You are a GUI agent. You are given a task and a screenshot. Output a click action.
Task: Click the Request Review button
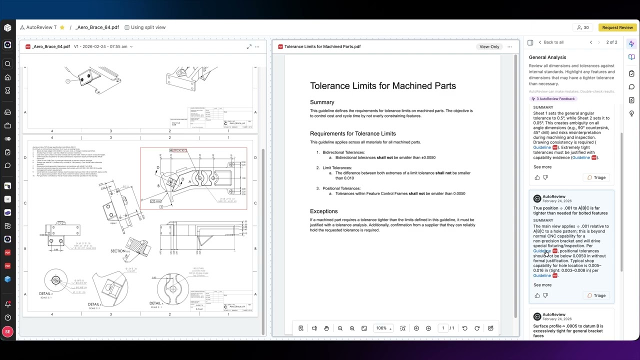(x=617, y=27)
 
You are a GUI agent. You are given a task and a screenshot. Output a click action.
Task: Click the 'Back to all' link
(x=553, y=42)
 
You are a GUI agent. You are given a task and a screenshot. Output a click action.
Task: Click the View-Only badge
(x=489, y=46)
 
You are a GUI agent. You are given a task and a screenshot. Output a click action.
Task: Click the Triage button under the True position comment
(x=596, y=295)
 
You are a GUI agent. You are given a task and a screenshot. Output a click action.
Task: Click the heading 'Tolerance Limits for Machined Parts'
(x=382, y=86)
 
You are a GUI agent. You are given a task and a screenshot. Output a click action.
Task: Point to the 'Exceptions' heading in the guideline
(x=323, y=211)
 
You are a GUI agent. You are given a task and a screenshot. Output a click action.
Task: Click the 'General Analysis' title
(x=547, y=57)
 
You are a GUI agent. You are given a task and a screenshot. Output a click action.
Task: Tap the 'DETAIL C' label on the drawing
(x=45, y=294)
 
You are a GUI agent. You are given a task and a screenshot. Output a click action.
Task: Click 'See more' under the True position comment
(x=542, y=285)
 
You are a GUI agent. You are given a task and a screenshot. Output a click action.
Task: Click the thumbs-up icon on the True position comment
(x=537, y=295)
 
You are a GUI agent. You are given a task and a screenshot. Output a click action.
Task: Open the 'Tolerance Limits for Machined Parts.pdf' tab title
(x=322, y=46)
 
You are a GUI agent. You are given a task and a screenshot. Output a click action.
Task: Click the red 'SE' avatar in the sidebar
(x=7, y=331)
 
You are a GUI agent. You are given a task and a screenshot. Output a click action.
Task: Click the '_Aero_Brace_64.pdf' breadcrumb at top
(x=97, y=27)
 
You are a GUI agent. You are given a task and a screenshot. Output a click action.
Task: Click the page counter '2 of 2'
(x=611, y=42)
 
